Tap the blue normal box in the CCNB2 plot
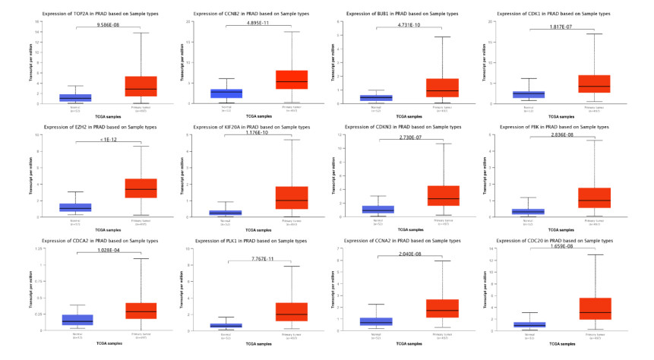(226, 93)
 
